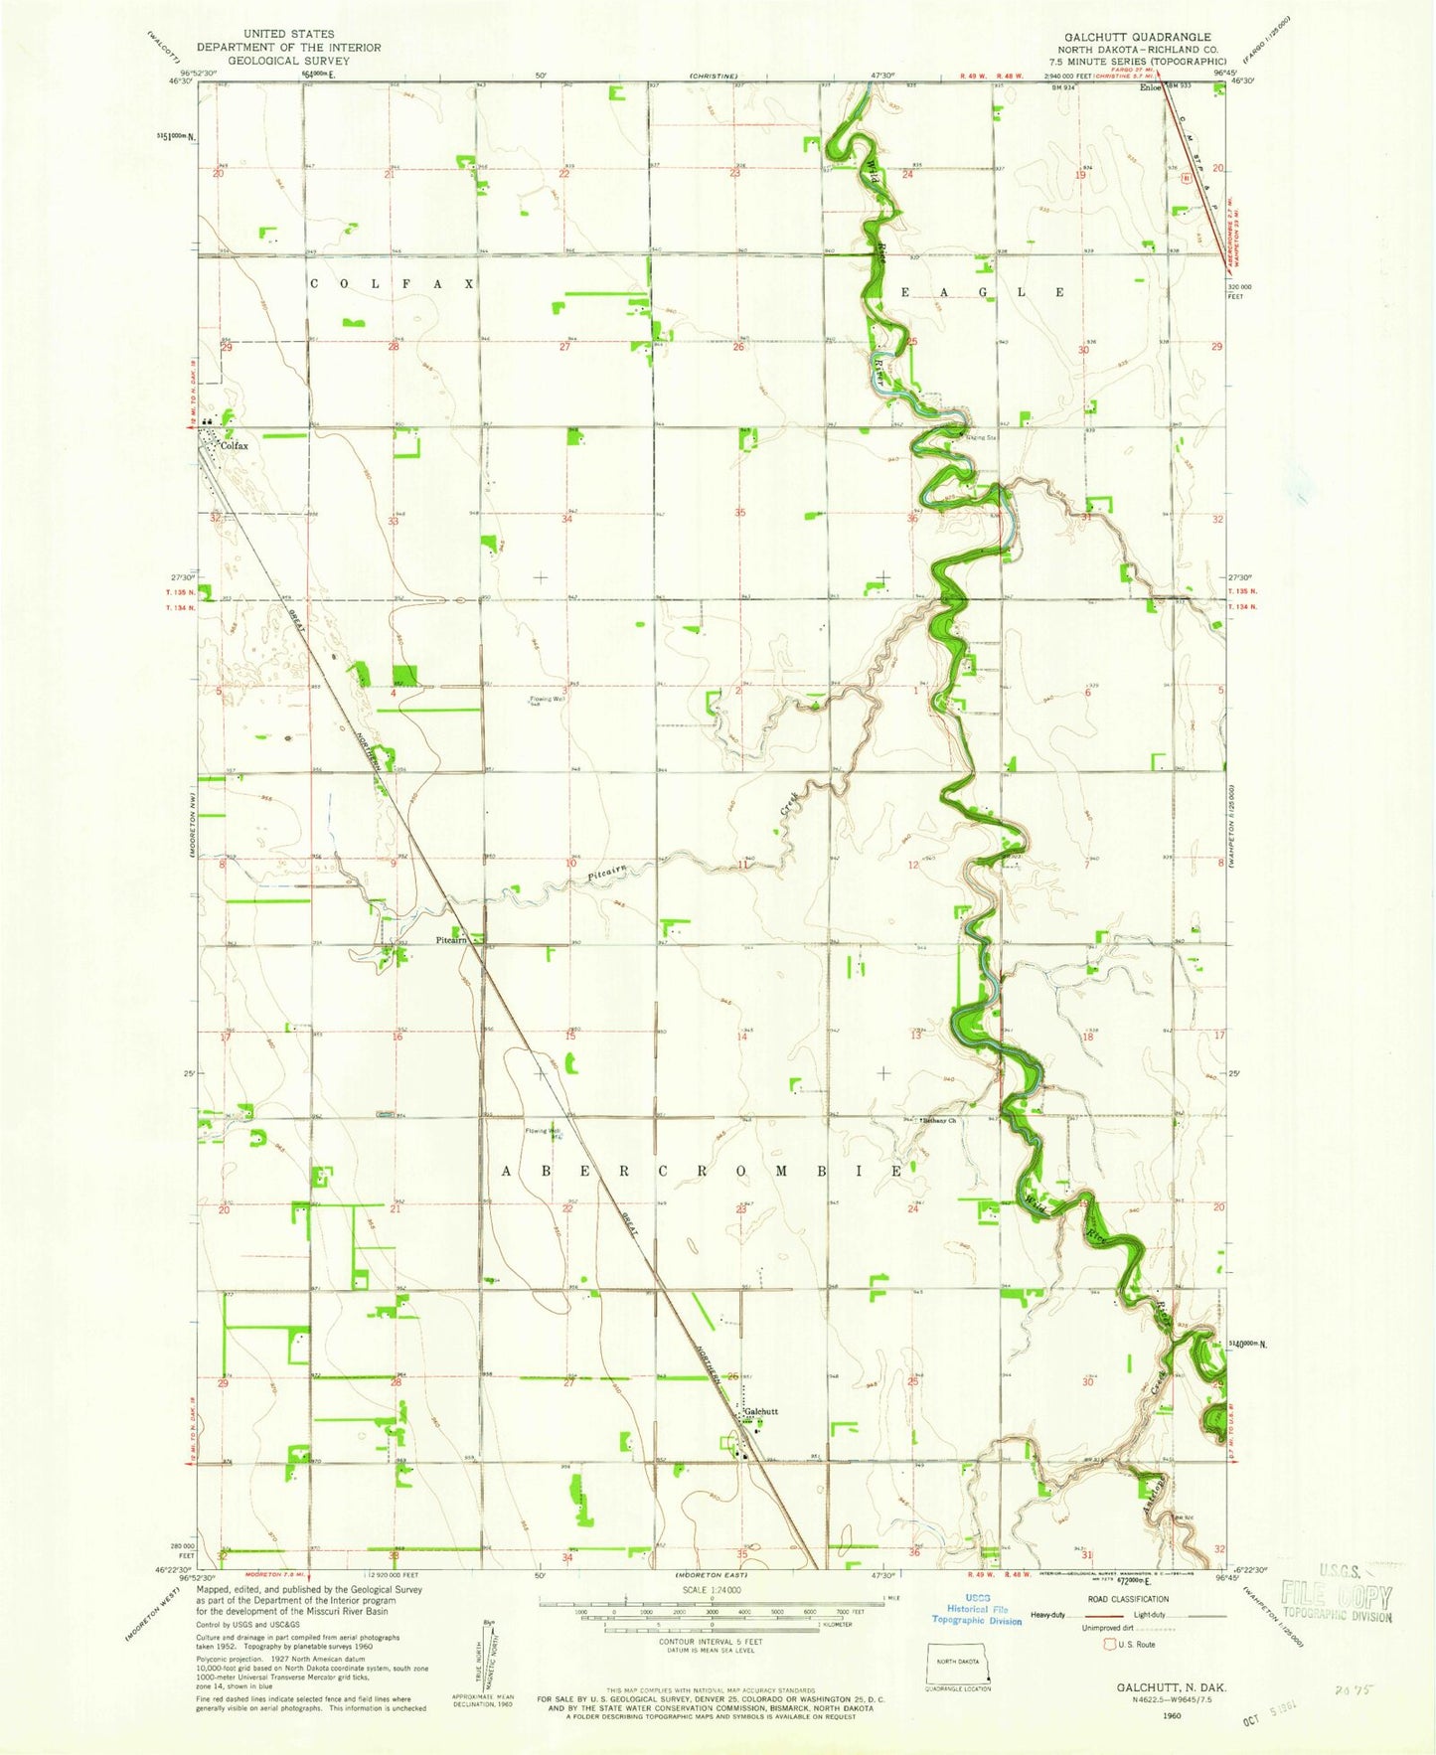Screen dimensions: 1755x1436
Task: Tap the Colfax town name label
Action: point(235,446)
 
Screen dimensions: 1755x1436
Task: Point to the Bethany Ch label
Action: point(939,1121)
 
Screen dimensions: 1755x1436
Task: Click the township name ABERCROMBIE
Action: point(705,1172)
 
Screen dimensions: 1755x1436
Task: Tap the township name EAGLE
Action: point(983,292)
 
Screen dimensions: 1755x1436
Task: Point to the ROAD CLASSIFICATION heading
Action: point(1129,1599)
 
